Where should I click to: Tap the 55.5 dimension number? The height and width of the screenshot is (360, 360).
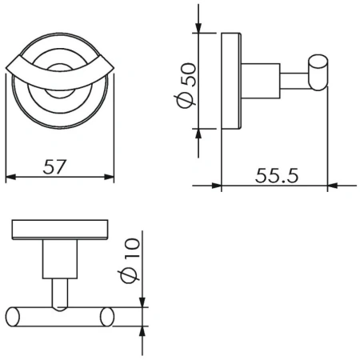(x=276, y=174)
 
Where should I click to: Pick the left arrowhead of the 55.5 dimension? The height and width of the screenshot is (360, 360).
(x=214, y=186)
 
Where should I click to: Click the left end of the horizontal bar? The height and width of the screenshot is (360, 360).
(x=12, y=316)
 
